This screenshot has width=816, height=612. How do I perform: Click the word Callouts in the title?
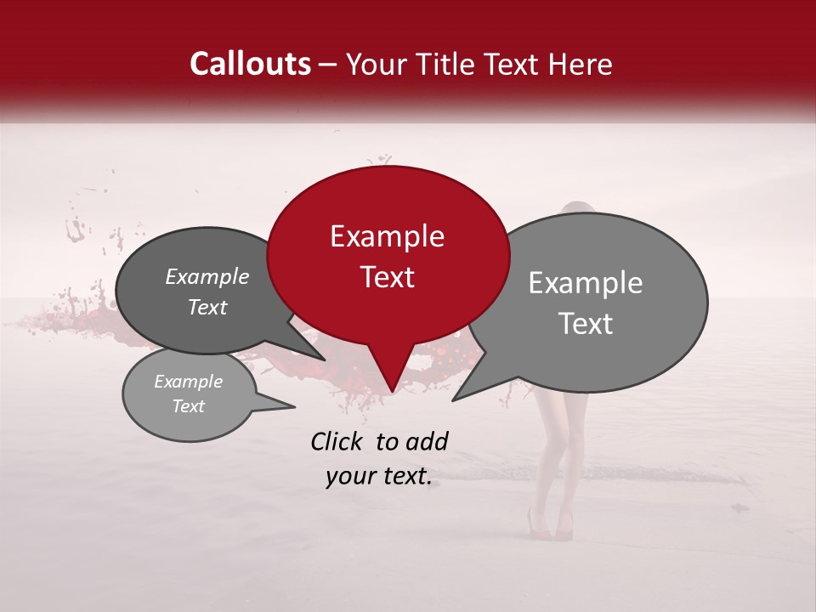coord(250,64)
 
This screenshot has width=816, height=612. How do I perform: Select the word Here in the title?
coord(582,64)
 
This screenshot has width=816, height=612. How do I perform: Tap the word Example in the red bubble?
coord(387,236)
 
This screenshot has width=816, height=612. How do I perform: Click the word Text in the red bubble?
coord(387,277)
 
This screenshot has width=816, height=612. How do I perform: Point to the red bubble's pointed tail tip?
coord(391,392)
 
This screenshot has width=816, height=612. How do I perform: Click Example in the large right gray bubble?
coord(586,283)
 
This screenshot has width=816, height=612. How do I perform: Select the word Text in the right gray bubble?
coord(586,324)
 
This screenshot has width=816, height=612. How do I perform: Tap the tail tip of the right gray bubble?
coord(453,399)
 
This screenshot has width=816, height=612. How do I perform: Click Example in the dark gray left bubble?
coord(207,276)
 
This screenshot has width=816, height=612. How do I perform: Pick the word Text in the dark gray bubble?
coord(207,307)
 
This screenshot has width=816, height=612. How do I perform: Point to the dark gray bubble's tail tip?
coord(325,360)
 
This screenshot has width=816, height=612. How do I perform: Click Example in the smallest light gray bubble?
coord(188,382)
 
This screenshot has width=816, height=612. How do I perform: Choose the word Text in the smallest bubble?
coord(188,406)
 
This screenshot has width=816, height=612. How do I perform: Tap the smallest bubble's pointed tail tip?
coord(294,407)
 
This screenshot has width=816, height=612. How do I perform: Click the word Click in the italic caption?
coord(337,441)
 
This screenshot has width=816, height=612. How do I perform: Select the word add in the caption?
coord(427,441)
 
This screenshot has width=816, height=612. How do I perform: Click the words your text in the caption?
coord(378,477)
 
